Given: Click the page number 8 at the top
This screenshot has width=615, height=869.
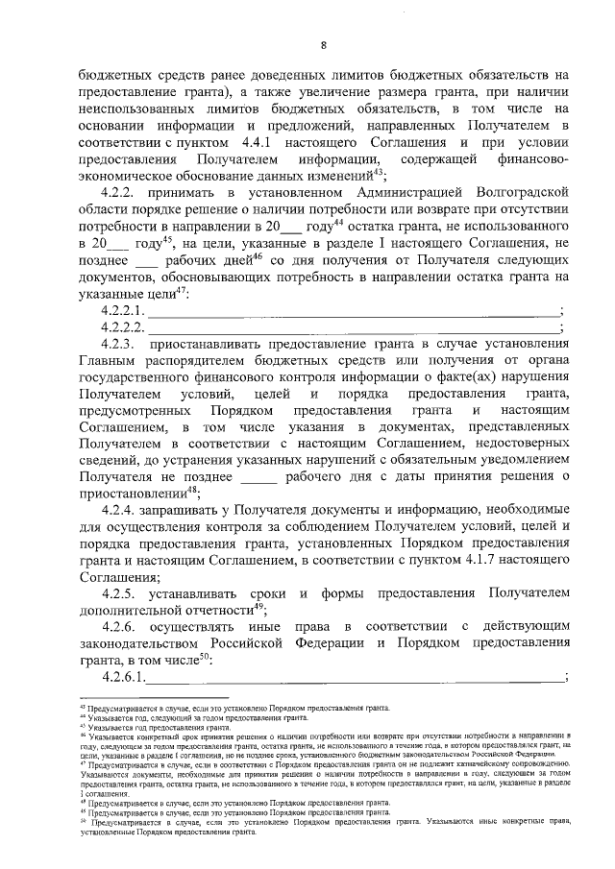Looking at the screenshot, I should point(324,45).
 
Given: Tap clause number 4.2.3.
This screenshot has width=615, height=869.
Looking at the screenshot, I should point(119,343).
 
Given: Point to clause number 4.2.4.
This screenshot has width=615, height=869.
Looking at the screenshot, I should point(120,509).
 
